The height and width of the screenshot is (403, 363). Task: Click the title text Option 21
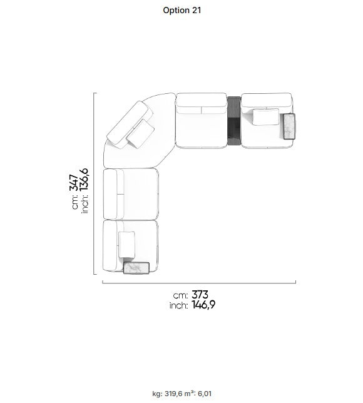pyautogui.click(x=181, y=10)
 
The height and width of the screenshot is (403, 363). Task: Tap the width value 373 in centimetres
pyautogui.click(x=200, y=295)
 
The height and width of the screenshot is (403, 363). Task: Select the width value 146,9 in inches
pyautogui.click(x=203, y=305)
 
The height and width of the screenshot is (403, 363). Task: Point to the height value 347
pyautogui.click(x=74, y=183)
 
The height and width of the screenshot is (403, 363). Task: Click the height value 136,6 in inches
pyautogui.click(x=84, y=180)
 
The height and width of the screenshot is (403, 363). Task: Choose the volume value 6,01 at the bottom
pyautogui.click(x=205, y=394)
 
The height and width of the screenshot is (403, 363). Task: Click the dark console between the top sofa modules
pyautogui.click(x=234, y=121)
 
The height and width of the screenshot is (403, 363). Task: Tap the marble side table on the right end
pyautogui.click(x=289, y=126)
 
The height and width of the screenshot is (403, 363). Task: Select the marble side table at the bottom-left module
pyautogui.click(x=136, y=268)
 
